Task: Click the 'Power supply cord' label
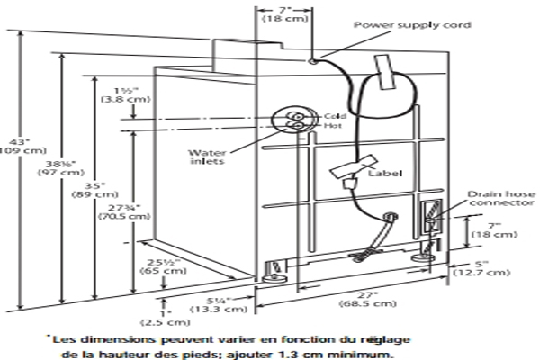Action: tap(402, 25)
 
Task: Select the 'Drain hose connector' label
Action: tap(491, 197)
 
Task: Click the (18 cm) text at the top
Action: tap(281, 17)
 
